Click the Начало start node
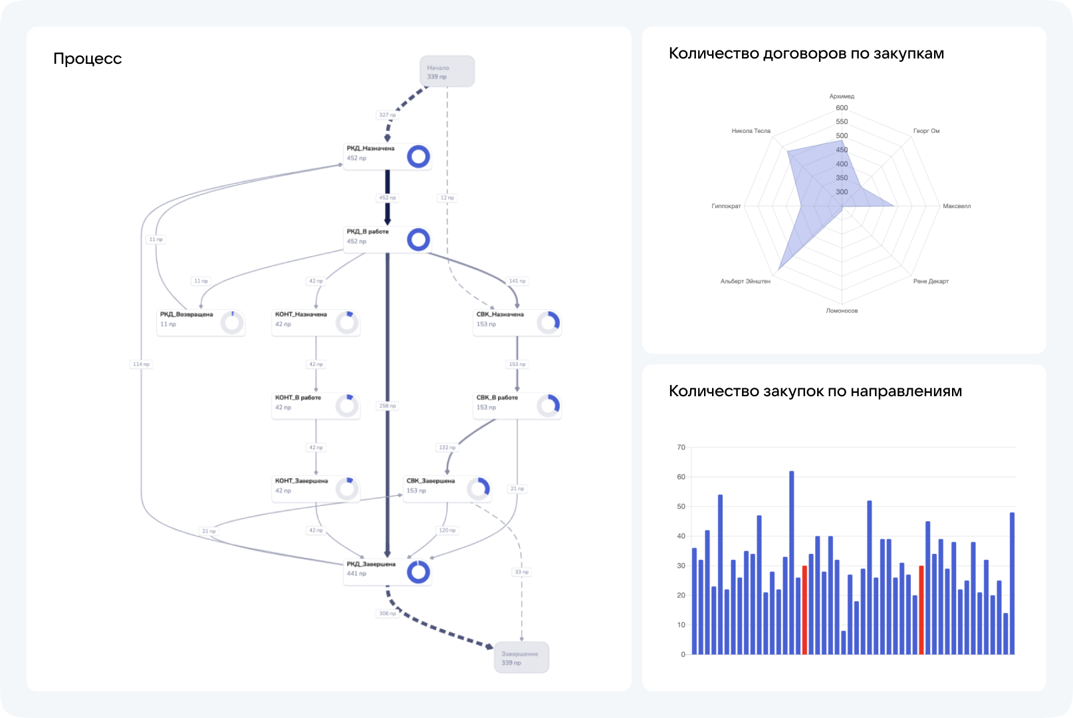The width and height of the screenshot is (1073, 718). point(447,71)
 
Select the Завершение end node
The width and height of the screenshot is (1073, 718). point(521,658)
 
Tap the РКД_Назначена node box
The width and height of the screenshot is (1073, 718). point(387,157)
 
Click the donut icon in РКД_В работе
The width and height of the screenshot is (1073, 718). point(418,239)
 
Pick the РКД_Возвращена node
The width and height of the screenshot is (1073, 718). point(200,323)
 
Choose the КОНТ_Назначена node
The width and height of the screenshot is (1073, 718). point(315,323)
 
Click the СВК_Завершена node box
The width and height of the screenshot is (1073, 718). point(447,489)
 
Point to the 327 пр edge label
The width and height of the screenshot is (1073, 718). point(388,115)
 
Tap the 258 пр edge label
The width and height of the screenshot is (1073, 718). point(388,406)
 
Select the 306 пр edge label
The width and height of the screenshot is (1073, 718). point(388,613)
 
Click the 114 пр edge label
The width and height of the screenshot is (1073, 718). point(141,364)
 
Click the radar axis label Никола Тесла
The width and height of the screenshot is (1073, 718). point(751,131)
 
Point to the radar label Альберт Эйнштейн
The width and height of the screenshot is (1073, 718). point(745,281)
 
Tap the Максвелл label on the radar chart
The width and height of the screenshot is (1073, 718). point(956,206)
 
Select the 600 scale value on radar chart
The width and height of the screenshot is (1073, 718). point(842,108)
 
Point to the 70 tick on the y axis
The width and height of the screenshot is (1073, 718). point(681,447)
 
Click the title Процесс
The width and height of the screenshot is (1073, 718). point(88,59)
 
